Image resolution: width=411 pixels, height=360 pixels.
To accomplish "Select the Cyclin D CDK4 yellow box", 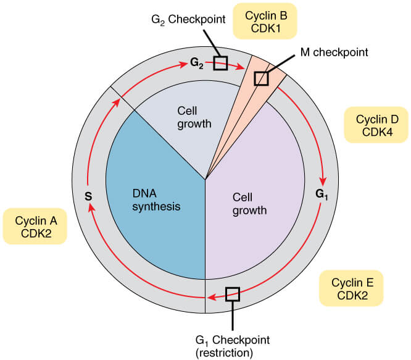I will (x=373, y=125).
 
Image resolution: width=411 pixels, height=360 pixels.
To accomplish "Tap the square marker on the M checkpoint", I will (x=262, y=78).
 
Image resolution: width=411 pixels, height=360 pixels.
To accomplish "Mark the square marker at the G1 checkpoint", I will (x=233, y=294).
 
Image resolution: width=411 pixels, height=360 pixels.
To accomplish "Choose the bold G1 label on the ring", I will (x=322, y=193).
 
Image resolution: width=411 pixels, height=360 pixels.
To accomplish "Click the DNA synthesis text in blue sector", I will (x=156, y=200).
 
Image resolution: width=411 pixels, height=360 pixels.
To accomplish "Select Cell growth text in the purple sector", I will (x=249, y=204).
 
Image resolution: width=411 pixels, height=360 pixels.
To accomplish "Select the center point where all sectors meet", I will (x=205, y=180).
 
